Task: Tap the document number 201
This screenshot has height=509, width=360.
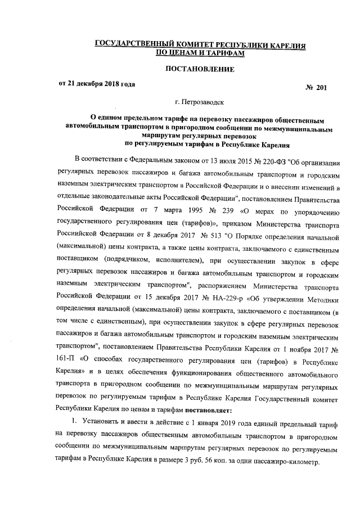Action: [321, 88]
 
